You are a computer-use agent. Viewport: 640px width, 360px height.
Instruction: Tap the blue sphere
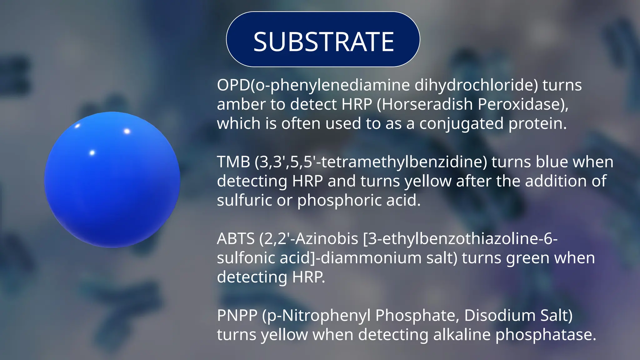(112, 180)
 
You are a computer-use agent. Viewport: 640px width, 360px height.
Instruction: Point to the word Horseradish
(427, 104)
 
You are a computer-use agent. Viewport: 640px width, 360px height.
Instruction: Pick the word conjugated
(461, 124)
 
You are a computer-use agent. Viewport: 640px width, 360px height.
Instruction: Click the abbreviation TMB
(233, 162)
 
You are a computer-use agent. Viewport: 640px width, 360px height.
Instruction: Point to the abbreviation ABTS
(236, 239)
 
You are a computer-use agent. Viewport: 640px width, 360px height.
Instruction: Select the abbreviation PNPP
(237, 315)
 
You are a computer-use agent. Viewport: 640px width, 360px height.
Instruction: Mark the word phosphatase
(545, 335)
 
